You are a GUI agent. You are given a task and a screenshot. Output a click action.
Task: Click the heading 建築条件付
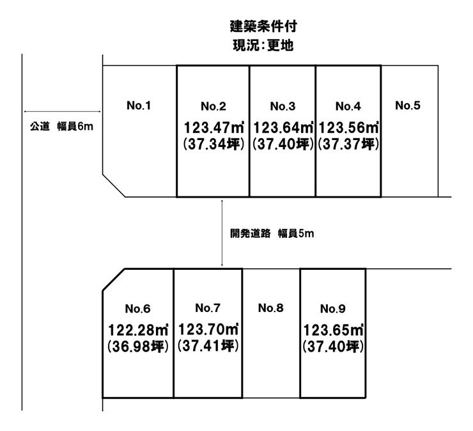click(x=263, y=26)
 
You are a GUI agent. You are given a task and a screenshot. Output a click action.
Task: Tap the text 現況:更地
click(x=263, y=45)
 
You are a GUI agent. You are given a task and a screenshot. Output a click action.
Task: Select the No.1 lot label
click(x=139, y=106)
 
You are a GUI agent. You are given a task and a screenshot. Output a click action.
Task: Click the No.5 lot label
click(x=408, y=106)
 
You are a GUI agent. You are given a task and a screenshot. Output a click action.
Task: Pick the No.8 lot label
click(x=270, y=308)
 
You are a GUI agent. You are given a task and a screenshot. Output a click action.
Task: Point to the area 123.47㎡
click(x=214, y=127)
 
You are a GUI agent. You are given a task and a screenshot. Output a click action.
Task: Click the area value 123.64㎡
click(x=283, y=127)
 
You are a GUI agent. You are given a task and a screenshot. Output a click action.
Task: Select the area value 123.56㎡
click(x=348, y=127)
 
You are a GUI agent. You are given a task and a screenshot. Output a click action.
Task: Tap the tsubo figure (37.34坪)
click(x=213, y=144)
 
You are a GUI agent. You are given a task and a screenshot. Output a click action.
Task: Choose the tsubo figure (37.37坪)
click(x=348, y=144)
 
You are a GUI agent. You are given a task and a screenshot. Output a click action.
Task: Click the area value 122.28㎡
click(x=138, y=330)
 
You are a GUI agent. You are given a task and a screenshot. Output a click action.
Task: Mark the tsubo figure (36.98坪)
click(x=138, y=346)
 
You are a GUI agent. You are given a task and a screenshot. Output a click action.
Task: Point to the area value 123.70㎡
click(x=208, y=329)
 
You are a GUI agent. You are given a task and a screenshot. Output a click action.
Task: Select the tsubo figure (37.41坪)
click(x=208, y=345)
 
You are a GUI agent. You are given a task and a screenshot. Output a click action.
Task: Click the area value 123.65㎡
click(x=333, y=330)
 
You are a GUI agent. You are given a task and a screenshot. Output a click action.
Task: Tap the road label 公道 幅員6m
click(x=61, y=127)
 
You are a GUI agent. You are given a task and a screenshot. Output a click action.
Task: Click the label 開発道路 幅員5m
click(x=272, y=233)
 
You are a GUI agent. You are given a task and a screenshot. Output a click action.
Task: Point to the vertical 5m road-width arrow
click(x=222, y=233)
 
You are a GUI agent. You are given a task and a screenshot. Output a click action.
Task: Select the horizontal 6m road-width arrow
click(x=62, y=111)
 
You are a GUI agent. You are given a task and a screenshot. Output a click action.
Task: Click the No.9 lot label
click(x=333, y=308)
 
